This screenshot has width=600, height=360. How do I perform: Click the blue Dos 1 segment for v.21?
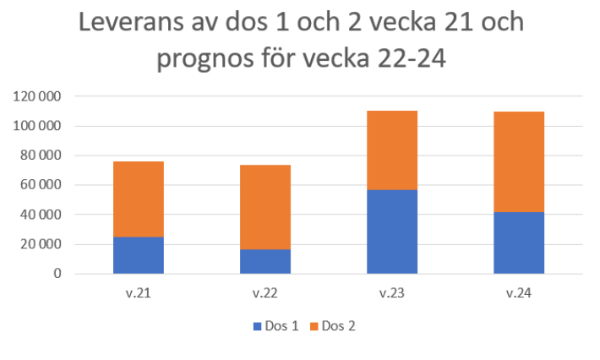click(x=139, y=255)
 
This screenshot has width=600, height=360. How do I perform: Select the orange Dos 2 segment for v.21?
click(x=139, y=199)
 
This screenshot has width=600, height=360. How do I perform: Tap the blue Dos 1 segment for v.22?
click(x=265, y=261)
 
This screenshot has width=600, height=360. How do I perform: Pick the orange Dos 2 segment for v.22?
click(x=265, y=207)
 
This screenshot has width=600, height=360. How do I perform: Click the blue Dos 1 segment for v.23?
click(x=391, y=232)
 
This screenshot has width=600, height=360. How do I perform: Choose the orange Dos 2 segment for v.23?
click(x=391, y=150)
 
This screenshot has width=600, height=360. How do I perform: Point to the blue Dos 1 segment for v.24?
click(x=518, y=243)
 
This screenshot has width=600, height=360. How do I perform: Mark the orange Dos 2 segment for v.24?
click(x=518, y=161)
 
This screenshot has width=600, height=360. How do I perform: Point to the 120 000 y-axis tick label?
click(x=39, y=96)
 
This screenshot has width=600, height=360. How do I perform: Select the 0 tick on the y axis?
click(x=58, y=275)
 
